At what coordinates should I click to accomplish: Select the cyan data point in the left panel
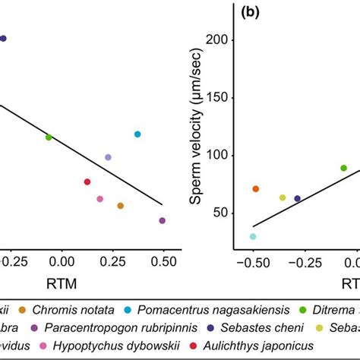point(137,134)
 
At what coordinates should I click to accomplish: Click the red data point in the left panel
point(87,182)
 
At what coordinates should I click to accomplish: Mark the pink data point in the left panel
point(100,199)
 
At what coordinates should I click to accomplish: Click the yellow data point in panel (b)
point(283,197)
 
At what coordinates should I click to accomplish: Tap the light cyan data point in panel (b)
point(253,236)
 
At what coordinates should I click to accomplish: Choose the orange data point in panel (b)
point(256,188)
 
